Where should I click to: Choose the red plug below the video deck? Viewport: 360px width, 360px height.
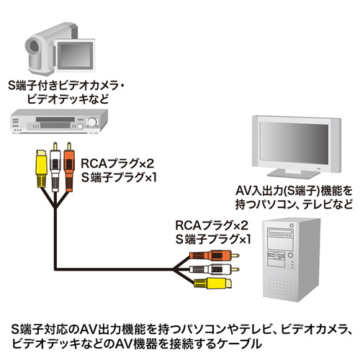[x=68, y=160]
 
